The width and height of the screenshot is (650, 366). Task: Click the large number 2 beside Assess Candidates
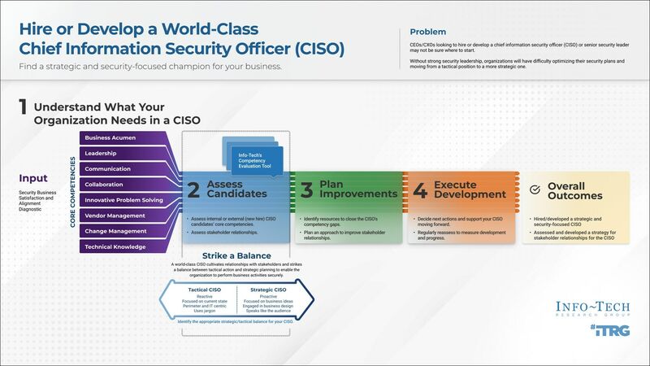(x=193, y=190)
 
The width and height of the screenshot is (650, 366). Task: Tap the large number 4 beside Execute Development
(x=419, y=190)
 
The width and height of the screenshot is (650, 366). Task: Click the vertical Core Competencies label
(x=72, y=192)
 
